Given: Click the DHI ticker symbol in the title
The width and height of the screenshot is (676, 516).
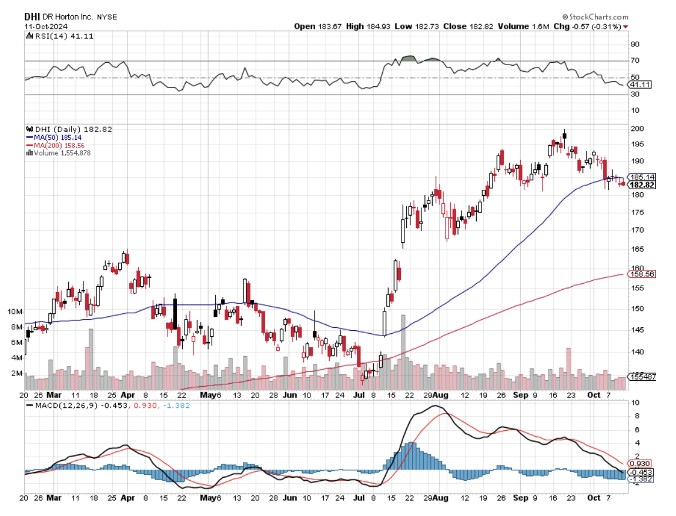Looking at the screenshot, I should (32, 16).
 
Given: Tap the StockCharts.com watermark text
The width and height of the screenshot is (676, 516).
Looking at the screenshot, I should (595, 17).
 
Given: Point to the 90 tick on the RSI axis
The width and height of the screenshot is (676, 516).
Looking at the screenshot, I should (635, 44).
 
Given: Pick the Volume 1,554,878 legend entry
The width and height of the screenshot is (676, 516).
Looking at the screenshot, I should (61, 153).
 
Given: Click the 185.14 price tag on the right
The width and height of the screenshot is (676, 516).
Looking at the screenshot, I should (642, 177).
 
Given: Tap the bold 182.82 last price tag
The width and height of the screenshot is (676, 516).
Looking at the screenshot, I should (642, 185).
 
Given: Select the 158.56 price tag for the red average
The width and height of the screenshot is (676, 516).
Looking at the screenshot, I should (642, 274).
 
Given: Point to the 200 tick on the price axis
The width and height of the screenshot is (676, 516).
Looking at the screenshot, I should (637, 129).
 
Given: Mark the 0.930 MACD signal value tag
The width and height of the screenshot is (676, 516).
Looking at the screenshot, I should (640, 464).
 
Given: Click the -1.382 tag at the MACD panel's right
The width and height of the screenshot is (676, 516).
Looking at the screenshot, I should (640, 480).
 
